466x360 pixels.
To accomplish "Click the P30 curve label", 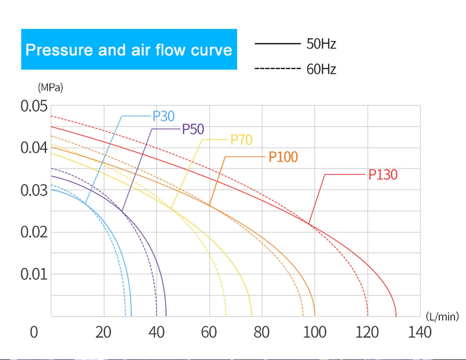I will (164, 116).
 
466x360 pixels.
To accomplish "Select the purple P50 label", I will (193, 129).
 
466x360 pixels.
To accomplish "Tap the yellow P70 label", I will (241, 140).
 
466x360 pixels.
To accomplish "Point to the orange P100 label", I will (283, 157).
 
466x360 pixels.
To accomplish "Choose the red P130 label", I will (383, 175).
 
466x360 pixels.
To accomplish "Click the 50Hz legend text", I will (321, 44).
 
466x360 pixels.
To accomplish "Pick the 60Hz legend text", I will (321, 69).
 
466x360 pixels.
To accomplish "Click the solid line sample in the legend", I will (277, 44).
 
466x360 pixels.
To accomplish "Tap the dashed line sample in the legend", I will (277, 68).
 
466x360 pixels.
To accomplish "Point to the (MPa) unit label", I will (50, 87).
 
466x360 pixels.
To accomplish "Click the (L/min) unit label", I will (442, 316).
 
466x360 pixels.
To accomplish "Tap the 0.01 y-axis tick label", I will (34, 274).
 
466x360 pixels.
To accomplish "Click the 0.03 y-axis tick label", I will (34, 190).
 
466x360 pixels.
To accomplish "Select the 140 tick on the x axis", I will (420, 332).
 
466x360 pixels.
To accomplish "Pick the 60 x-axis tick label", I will (209, 332).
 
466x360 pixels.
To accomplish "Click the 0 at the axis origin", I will (34, 332).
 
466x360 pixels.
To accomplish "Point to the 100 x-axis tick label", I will (315, 332).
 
